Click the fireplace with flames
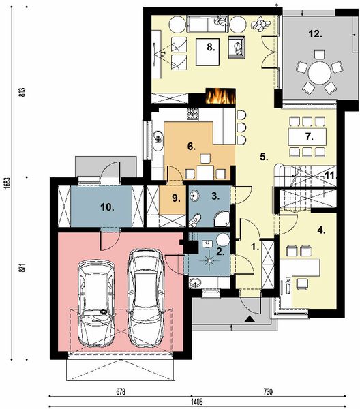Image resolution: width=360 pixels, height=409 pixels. click(x=221, y=96)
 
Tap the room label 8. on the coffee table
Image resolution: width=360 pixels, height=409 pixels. click(x=211, y=47)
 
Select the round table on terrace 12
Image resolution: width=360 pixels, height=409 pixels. click(x=319, y=73)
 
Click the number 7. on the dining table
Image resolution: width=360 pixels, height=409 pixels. click(x=310, y=136)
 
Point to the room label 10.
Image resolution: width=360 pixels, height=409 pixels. click(x=108, y=207)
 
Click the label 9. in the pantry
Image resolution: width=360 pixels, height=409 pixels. click(x=177, y=198)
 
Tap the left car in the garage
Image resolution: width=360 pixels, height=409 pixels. click(x=96, y=303)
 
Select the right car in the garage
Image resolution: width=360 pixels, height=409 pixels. click(x=145, y=298)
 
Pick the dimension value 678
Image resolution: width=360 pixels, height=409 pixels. click(x=121, y=392)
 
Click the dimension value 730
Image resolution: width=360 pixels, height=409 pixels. click(x=268, y=392)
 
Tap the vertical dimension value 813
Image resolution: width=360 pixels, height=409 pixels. click(x=22, y=92)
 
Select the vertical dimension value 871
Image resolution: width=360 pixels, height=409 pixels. click(x=22, y=268)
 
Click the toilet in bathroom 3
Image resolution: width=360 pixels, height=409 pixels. click(x=194, y=220)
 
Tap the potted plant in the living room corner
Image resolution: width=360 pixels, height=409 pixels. click(x=260, y=23)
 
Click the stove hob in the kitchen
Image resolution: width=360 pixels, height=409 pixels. click(x=192, y=114)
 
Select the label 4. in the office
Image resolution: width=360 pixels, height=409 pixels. click(x=321, y=230)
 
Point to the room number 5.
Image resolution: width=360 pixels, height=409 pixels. click(x=264, y=157)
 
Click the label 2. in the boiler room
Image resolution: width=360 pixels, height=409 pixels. click(x=221, y=252)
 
